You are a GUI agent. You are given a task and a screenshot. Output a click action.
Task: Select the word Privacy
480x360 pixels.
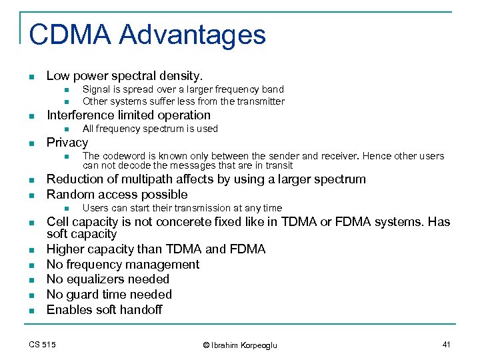click(67, 143)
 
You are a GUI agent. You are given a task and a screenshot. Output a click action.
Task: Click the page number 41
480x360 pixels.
click(447, 344)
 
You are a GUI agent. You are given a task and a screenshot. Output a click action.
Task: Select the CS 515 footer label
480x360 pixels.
click(43, 344)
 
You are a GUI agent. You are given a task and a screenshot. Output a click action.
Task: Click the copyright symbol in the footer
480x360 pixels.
click(206, 345)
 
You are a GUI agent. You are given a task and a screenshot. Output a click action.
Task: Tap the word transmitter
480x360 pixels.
click(260, 102)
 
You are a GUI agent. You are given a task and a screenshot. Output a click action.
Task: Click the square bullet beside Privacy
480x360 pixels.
click(31, 143)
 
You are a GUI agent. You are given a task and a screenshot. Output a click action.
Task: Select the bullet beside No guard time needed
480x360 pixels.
click(31, 295)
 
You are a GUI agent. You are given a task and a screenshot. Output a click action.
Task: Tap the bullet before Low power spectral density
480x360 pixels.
click(31, 77)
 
